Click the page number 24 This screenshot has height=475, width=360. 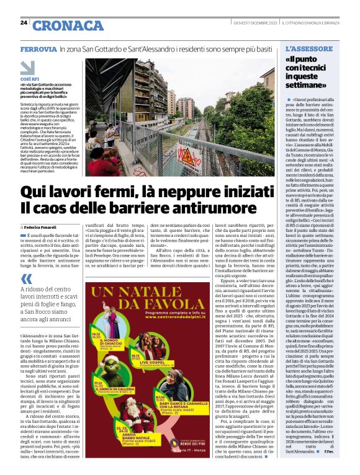click(24, 23)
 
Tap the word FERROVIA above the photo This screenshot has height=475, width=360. click(38, 48)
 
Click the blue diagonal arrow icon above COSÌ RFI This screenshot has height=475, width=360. click(27, 67)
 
